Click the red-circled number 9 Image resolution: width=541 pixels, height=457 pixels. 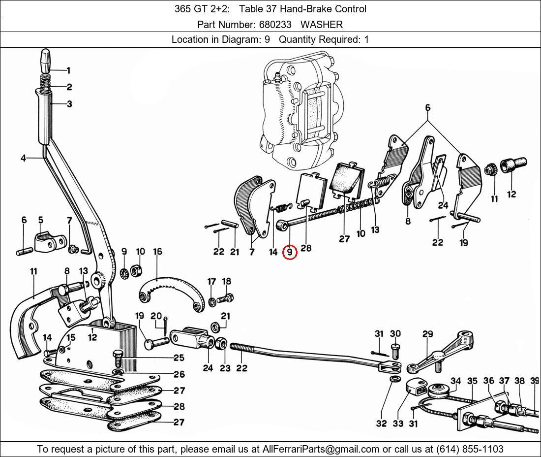pos(290,253)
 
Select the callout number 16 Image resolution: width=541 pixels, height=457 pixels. pos(157,252)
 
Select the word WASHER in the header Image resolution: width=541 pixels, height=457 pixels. pos(322,24)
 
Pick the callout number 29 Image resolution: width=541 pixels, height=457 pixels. pos(427,334)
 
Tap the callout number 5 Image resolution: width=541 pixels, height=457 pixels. pos(40,220)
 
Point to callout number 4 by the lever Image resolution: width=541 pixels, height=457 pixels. pos(23,158)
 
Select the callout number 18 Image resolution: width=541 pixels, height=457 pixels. pos(226,282)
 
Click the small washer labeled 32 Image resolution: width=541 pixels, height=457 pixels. pos(394,380)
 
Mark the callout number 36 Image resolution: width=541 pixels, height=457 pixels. pos(488,381)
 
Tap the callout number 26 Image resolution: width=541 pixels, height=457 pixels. pos(179,375)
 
